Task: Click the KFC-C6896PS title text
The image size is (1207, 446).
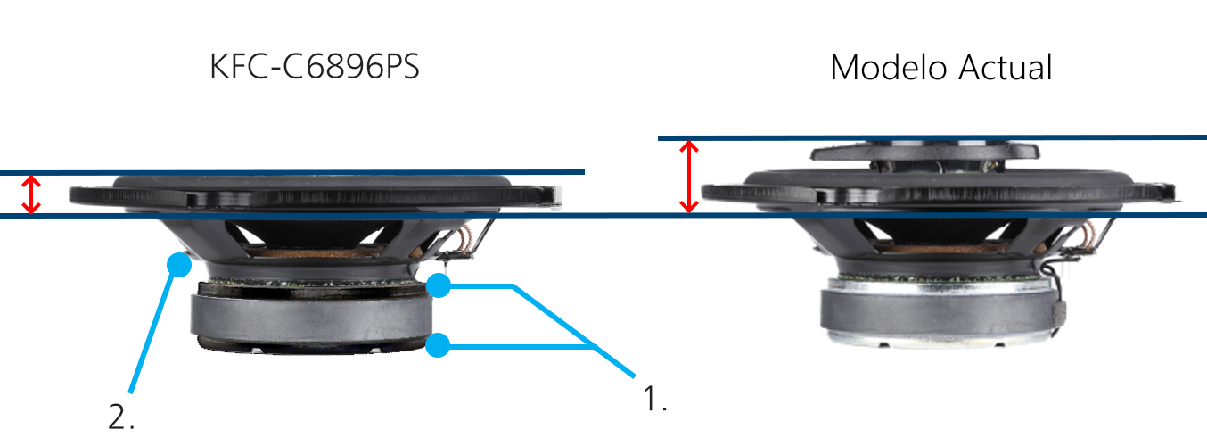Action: point(314,68)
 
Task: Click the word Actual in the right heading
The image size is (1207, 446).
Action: point(1004,68)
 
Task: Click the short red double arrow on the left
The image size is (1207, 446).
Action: point(32,194)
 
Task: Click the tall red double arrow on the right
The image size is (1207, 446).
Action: point(688,176)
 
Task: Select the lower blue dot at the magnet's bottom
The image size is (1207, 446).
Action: point(437,345)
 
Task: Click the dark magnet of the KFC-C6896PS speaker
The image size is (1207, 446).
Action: point(312,317)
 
